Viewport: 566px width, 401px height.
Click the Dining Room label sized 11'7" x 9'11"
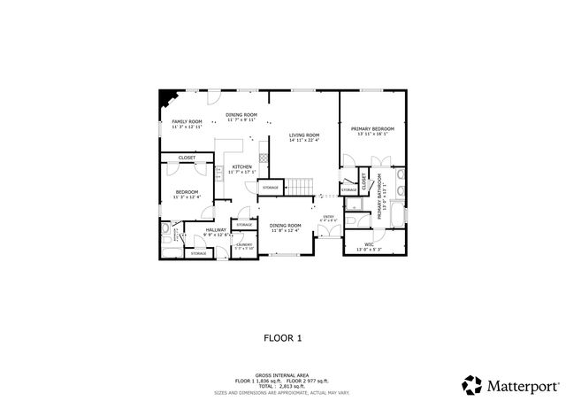(x=241, y=116)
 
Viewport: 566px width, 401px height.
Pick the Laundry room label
(x=244, y=246)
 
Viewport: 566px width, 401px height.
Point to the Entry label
(x=328, y=218)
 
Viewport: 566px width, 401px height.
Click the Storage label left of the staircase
(x=270, y=188)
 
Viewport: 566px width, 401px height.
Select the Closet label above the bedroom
(x=187, y=158)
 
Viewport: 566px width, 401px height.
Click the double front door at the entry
(x=327, y=232)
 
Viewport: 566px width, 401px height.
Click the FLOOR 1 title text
(x=283, y=337)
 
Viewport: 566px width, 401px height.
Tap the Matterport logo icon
(x=471, y=384)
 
